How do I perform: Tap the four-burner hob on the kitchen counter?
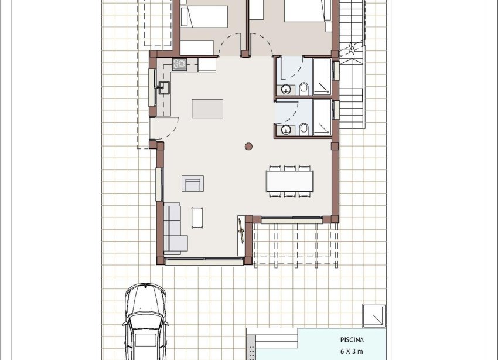(x=179, y=64)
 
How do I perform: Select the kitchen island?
(x=207, y=108)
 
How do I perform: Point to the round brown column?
(x=249, y=146)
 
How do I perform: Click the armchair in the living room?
(x=193, y=184)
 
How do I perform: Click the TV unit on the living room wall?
(x=241, y=231)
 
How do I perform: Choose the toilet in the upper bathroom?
(x=304, y=89)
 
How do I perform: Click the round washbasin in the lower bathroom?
(x=285, y=130)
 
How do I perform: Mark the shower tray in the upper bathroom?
(x=322, y=76)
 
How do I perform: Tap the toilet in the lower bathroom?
(x=304, y=129)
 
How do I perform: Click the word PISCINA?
(x=352, y=339)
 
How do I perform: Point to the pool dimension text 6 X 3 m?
(x=352, y=351)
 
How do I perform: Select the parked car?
(x=145, y=322)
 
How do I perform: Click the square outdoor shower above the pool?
(x=374, y=315)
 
